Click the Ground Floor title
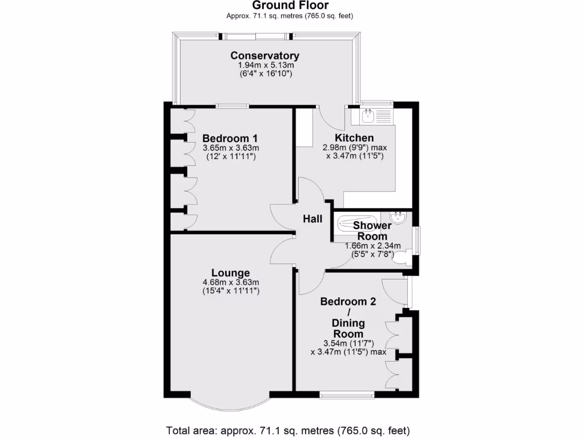point(290,6)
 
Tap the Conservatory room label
point(265,56)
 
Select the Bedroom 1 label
point(230,139)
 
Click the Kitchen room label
point(354,138)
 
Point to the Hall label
point(312,219)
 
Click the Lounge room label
point(230,273)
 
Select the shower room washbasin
point(398,217)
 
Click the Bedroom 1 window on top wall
point(232,105)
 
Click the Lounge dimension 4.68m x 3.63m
point(231,282)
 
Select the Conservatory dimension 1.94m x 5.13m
point(266,66)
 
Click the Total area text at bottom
point(288,430)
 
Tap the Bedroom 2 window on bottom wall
point(347,394)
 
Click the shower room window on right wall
point(417,240)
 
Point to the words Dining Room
point(348,328)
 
